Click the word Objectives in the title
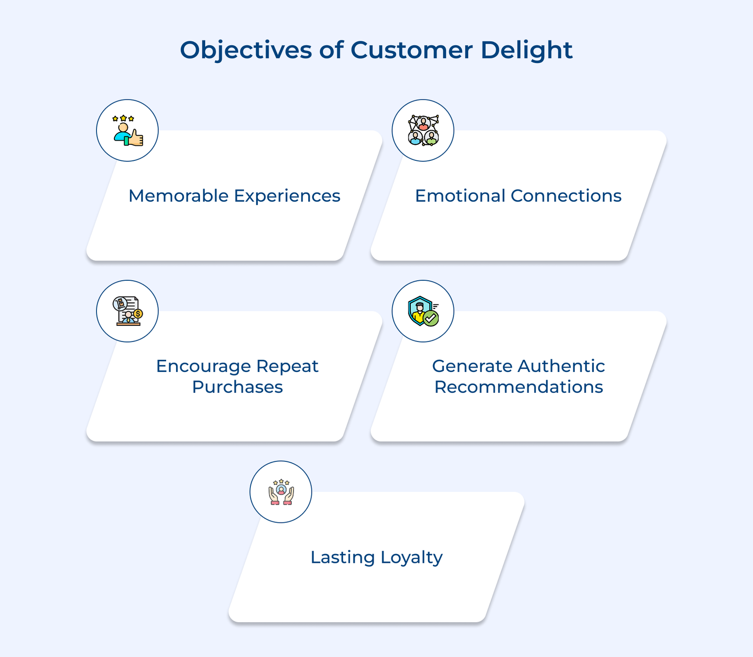pos(246,50)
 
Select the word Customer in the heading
pos(411,50)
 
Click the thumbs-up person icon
pos(128,130)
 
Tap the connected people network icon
pos(423,130)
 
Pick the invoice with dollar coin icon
pos(128,311)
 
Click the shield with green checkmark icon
pos(423,311)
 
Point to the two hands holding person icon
pos(281,492)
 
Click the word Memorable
pos(179,196)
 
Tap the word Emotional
pos(459,196)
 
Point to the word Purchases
pos(237,387)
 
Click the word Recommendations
pos(519,387)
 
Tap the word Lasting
pos(343,558)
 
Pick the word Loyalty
pos(411,558)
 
